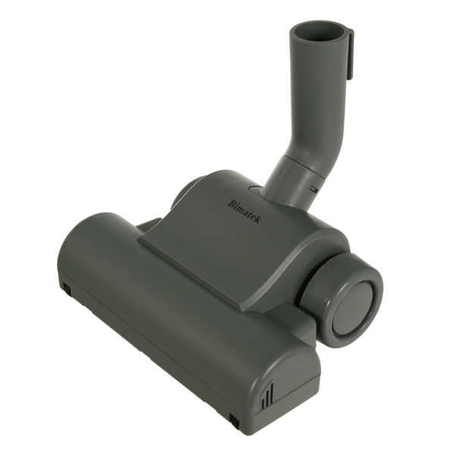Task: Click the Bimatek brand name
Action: point(244,204)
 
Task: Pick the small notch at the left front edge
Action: point(66,288)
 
